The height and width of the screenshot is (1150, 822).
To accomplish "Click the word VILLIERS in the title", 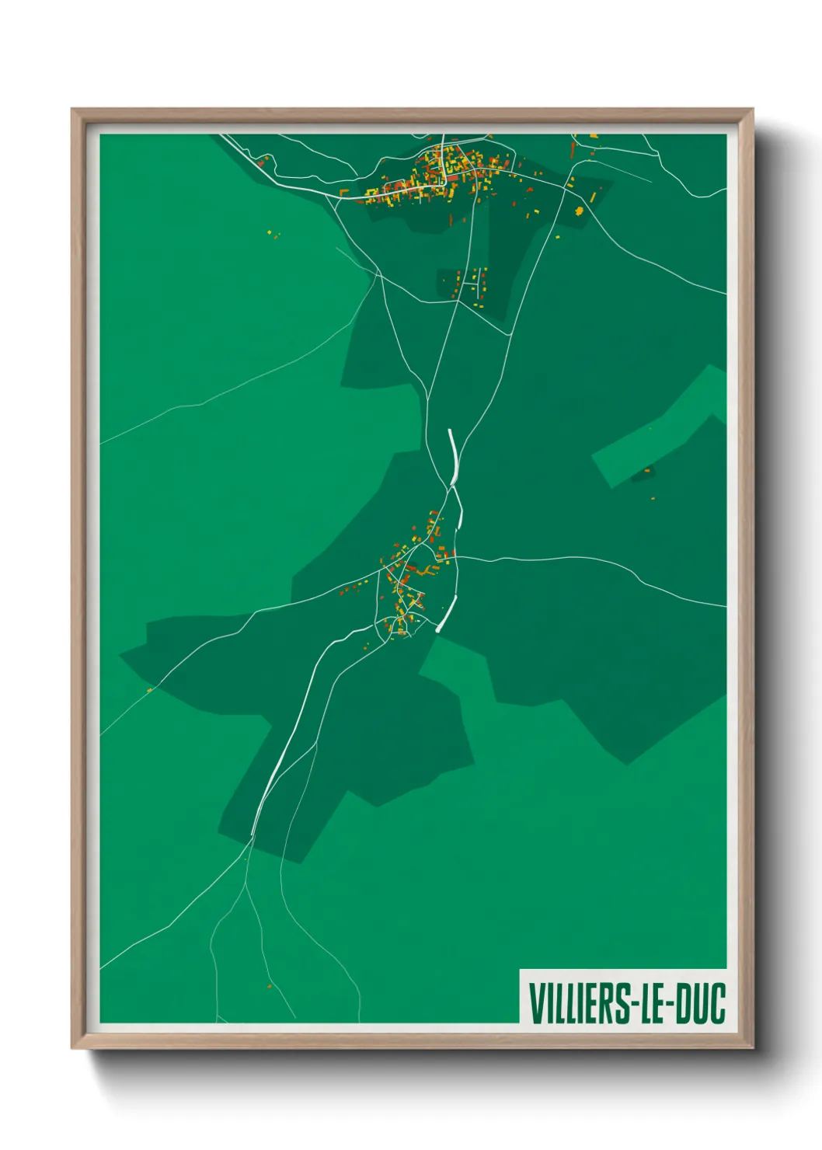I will point(579,1002).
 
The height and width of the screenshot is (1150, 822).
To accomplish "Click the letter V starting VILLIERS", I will point(535,1002).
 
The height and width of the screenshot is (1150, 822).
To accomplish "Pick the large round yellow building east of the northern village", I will point(578,210).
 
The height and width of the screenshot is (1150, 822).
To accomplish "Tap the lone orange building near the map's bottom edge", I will point(270,986).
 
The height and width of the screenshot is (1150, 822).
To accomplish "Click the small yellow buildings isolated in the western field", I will point(271,233).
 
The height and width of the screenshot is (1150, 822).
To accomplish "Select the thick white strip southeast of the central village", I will point(447,614).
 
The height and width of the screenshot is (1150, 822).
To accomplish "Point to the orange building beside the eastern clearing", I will point(646,470).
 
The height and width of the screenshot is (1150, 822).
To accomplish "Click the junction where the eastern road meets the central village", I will point(457,557).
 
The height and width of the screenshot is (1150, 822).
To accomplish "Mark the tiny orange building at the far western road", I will point(150,689).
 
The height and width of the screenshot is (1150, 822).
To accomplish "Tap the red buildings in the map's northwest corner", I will point(263,162).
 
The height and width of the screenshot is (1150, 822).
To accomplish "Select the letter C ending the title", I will point(717,1002).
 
